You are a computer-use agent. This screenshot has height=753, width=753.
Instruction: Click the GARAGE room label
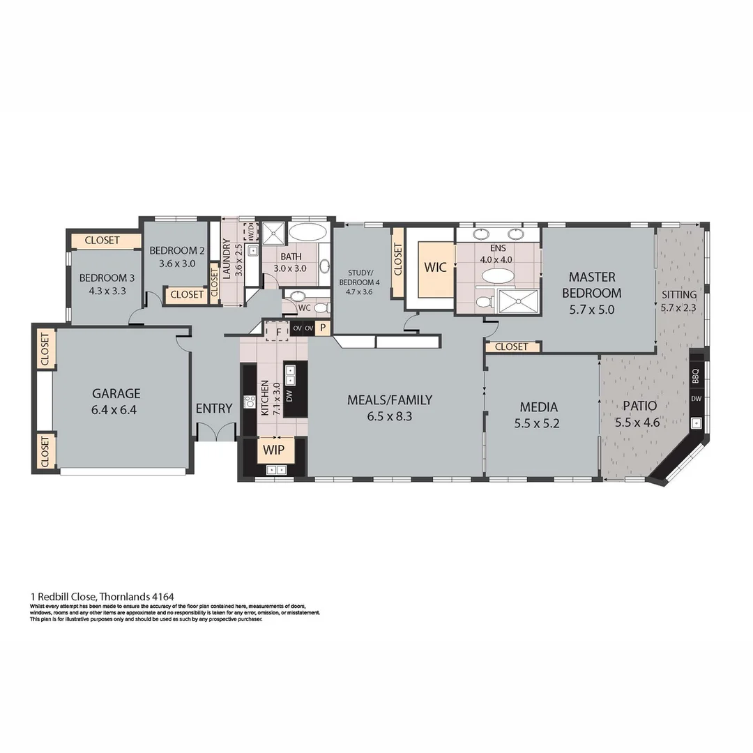[115, 393]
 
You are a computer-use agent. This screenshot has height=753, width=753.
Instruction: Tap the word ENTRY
[213, 409]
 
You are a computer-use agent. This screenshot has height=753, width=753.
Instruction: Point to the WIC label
[436, 267]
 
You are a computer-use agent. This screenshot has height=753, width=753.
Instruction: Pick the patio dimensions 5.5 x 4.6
[637, 422]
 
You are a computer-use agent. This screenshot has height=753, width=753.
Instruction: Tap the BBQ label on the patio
[695, 376]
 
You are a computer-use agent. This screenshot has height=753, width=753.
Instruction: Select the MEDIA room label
[539, 406]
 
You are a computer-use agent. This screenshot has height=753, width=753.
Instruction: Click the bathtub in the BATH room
[307, 233]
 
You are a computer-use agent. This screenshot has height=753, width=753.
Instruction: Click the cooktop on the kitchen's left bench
[249, 402]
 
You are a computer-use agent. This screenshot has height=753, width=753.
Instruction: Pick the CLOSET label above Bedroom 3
[102, 241]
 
